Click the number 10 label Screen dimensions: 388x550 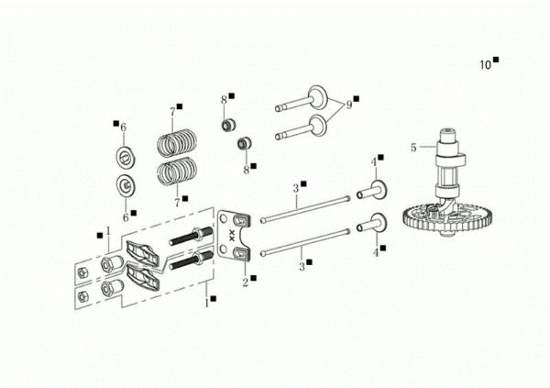point(485,64)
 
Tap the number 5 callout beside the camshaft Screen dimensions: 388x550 point(413,147)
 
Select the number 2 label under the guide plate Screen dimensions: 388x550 point(245,283)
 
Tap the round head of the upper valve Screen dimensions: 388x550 point(318,96)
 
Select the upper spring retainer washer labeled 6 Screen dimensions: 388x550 point(124,152)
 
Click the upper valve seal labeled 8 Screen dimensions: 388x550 point(225,123)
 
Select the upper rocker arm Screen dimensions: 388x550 point(143,249)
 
